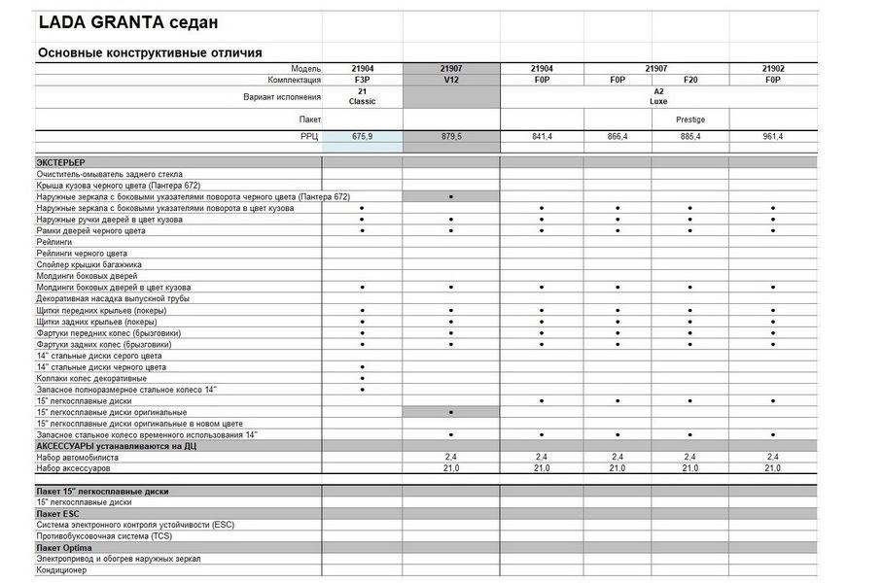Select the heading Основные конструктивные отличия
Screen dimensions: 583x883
point(149,52)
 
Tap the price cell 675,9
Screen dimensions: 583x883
point(362,137)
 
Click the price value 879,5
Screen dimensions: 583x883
point(451,137)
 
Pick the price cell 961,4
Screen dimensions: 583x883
point(772,137)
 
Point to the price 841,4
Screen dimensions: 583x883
point(542,137)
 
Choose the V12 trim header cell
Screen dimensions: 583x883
point(451,80)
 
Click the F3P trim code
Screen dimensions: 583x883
point(362,80)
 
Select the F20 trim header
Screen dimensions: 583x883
point(689,80)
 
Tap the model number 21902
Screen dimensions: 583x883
point(772,69)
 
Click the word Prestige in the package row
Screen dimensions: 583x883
point(689,120)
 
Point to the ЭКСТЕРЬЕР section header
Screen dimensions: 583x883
point(61,162)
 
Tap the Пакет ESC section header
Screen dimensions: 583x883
point(57,513)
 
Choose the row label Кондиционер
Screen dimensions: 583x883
point(62,569)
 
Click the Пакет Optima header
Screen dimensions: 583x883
point(64,547)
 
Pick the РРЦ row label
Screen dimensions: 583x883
point(310,137)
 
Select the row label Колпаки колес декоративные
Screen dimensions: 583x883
point(92,378)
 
